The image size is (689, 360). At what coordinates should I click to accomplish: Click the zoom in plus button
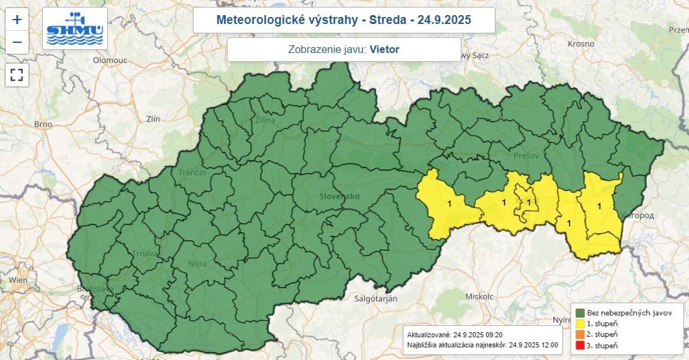(x=17, y=20)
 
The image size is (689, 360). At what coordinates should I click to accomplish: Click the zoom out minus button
(x=17, y=42)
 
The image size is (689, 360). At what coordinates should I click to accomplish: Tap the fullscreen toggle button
(x=17, y=76)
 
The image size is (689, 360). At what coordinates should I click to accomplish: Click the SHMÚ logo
(x=75, y=28)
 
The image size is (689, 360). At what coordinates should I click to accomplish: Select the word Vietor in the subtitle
(x=385, y=49)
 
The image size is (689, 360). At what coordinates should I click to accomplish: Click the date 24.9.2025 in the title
(x=443, y=20)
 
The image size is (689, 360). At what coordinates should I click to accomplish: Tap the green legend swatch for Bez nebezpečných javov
(x=579, y=313)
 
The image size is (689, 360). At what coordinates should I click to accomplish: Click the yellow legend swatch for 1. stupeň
(x=579, y=323)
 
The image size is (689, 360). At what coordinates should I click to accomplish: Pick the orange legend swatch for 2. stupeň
(x=579, y=334)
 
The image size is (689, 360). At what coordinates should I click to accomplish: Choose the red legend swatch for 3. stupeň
(x=579, y=345)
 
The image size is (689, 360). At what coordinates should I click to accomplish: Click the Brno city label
(x=43, y=124)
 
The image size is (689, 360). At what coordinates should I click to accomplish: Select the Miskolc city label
(x=478, y=296)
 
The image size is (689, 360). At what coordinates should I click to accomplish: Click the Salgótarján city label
(x=375, y=299)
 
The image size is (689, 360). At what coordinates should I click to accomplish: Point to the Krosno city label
(x=581, y=44)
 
